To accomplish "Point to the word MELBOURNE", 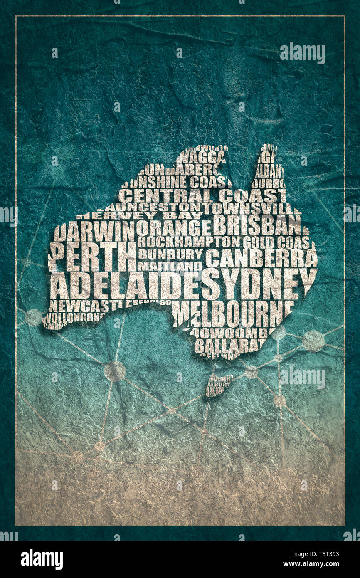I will click(x=233, y=313).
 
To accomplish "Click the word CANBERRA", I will click(x=261, y=258).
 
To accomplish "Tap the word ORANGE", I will click(x=174, y=228).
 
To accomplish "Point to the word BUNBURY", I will click(x=170, y=254).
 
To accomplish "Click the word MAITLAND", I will click(x=170, y=265).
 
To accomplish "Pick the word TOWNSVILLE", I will click(x=250, y=208).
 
